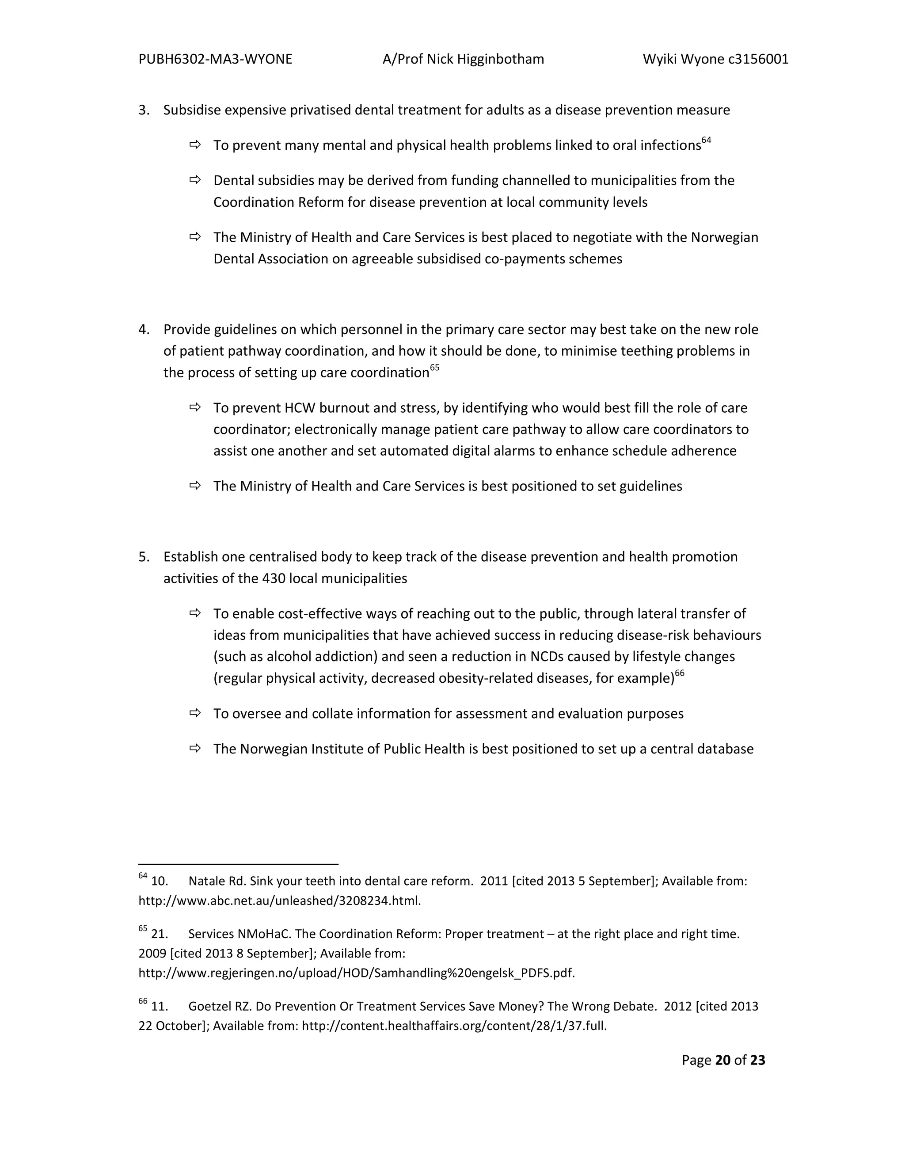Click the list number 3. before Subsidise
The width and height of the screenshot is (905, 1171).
(x=144, y=110)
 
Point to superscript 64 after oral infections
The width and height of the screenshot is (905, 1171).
(x=706, y=141)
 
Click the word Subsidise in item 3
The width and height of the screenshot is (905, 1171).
(x=191, y=110)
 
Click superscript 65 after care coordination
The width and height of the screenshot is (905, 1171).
(x=434, y=368)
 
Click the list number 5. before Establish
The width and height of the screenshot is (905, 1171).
(x=144, y=557)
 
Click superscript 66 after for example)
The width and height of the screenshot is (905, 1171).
(x=679, y=673)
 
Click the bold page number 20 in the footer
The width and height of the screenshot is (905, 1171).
(x=722, y=1060)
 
